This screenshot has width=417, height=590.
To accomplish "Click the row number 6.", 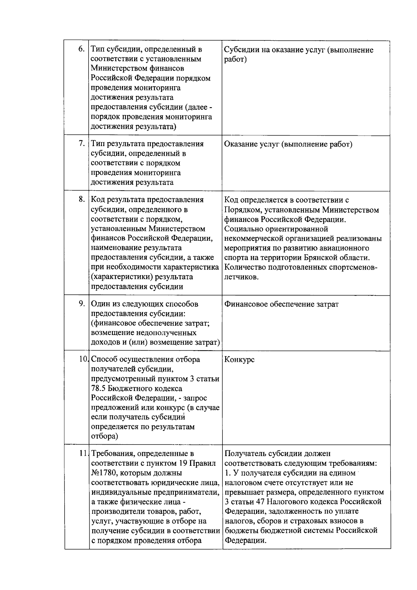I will [x=82, y=49].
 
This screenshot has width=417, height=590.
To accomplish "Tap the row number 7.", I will [x=82, y=144].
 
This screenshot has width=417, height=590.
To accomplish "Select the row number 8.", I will [x=82, y=199].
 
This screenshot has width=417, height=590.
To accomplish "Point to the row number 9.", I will [x=82, y=304].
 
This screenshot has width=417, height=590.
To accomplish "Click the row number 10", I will [x=84, y=359].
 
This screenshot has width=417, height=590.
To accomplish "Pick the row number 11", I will [x=83, y=453].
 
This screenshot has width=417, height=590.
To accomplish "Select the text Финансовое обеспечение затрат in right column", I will [x=281, y=304].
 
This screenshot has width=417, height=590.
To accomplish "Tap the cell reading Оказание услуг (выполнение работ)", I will [x=288, y=144].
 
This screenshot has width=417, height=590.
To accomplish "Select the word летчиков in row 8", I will [x=241, y=277].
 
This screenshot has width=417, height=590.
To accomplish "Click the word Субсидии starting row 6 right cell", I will [x=240, y=50].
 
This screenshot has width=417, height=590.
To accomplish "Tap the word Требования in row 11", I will [x=113, y=454].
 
